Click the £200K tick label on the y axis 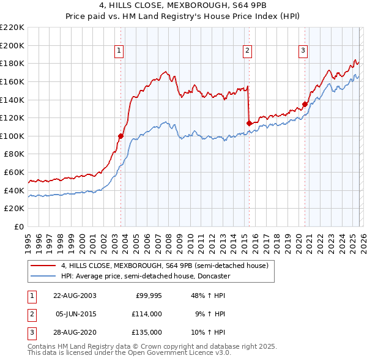click(12, 45)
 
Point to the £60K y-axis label click(14, 173)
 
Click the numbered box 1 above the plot click(119, 51)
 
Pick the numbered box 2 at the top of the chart click(248, 51)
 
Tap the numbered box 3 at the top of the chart click(303, 51)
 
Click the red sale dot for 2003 click(120, 136)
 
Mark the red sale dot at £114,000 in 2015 click(249, 123)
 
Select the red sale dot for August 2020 click(305, 104)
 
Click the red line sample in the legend click(43, 266)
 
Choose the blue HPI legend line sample click(43, 276)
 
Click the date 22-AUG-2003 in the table click(74, 296)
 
